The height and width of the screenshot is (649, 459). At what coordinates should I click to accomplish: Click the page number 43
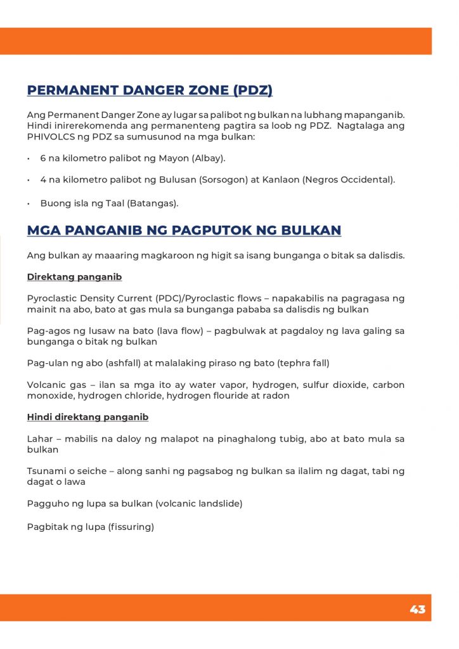(417, 609)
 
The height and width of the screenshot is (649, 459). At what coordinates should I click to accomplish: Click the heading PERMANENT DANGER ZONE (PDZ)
(150, 90)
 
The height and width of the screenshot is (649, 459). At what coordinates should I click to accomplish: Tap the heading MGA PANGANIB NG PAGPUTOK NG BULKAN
(184, 230)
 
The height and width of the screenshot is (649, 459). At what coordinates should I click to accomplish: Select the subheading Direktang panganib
(74, 277)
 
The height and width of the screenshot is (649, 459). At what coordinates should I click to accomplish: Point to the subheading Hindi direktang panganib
(87, 417)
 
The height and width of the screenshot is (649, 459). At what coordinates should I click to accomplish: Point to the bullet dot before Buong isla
(29, 203)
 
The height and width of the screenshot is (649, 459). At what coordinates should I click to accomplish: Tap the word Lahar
(40, 439)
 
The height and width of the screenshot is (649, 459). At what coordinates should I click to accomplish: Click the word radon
(277, 395)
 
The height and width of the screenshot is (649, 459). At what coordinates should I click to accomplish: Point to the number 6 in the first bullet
(43, 158)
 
